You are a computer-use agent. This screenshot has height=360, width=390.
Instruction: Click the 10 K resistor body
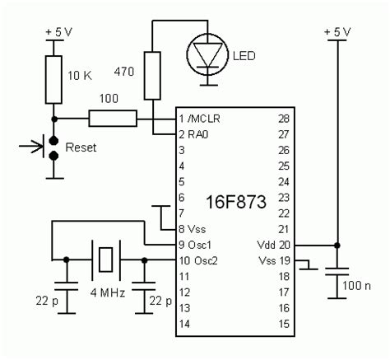click(53, 75)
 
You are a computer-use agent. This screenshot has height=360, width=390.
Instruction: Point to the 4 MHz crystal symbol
click(105, 260)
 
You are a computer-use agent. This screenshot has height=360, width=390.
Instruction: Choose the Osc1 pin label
click(200, 245)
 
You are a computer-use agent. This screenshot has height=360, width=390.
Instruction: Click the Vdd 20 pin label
click(271, 245)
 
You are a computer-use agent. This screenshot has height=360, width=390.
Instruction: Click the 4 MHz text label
click(104, 293)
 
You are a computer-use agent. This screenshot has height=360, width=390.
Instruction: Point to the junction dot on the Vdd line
click(337, 245)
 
